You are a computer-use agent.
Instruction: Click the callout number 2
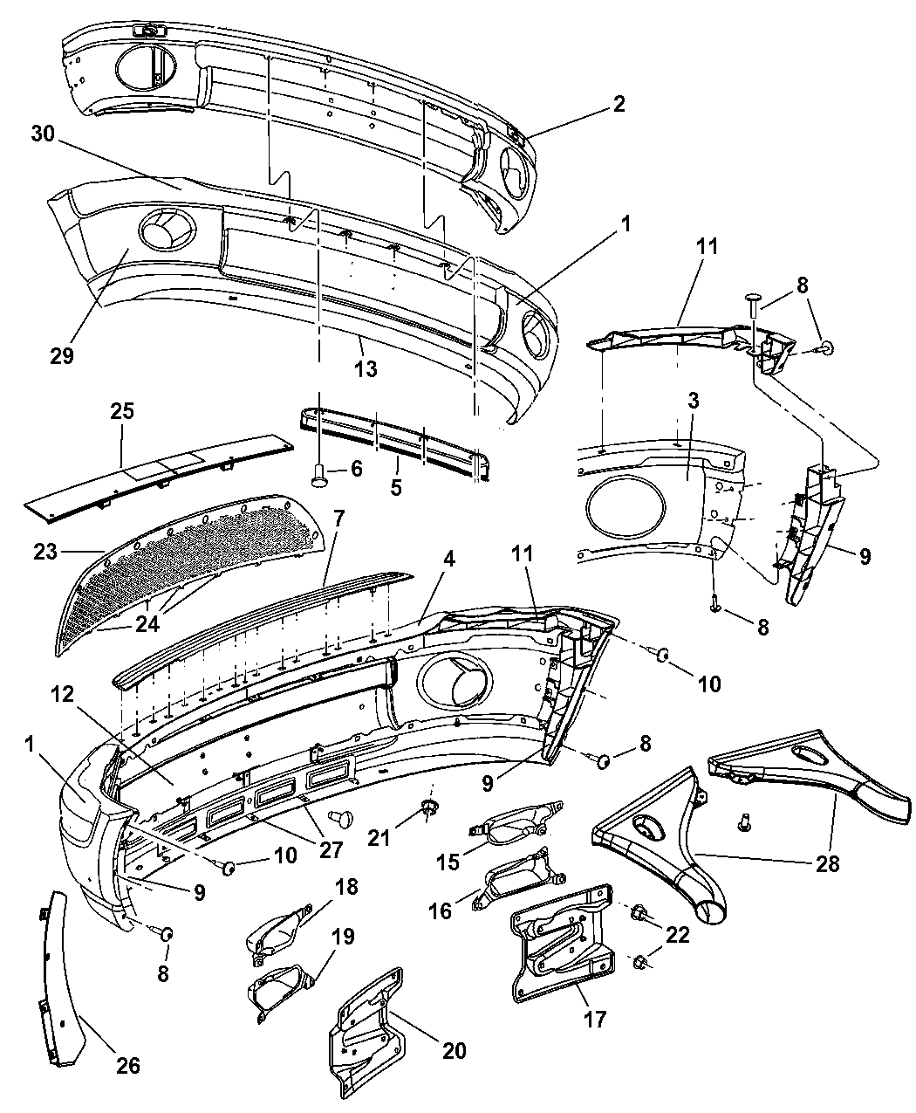click(619, 104)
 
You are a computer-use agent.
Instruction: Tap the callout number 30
click(44, 134)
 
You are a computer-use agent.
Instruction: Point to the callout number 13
click(366, 368)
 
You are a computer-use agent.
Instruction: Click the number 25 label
click(121, 412)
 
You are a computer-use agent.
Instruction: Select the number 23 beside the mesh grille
click(45, 552)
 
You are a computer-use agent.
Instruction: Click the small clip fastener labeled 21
click(427, 808)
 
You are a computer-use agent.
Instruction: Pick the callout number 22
click(678, 935)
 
